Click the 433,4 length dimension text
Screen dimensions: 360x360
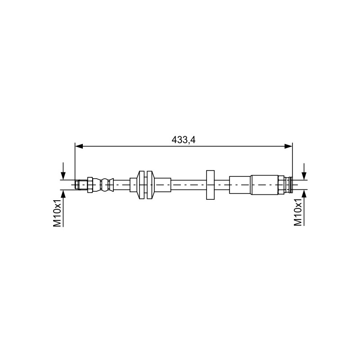[184, 140]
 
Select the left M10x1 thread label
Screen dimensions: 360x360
[58, 213]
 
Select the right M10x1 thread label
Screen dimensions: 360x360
[298, 212]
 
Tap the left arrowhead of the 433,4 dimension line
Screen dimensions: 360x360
[79, 146]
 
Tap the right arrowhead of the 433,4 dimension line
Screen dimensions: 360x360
[288, 146]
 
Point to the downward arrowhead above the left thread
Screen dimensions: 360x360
[63, 175]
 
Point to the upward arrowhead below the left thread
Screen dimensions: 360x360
[63, 193]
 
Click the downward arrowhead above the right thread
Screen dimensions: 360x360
[304, 175]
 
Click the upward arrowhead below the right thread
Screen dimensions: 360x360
[304, 193]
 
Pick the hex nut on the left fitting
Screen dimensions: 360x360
[90, 184]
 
